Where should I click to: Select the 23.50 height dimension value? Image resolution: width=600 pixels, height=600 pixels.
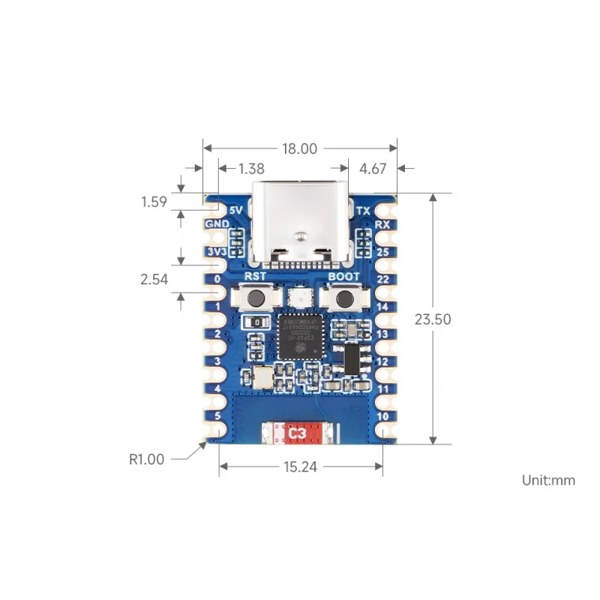(x=432, y=319)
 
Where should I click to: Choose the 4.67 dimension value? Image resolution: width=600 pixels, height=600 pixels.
(x=373, y=169)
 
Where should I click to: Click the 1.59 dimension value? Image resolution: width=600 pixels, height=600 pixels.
(x=153, y=202)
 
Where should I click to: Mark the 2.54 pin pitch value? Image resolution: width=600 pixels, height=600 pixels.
(x=153, y=280)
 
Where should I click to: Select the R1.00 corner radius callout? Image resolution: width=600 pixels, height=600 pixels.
(x=146, y=459)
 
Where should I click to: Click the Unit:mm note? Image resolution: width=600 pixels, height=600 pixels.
(x=549, y=480)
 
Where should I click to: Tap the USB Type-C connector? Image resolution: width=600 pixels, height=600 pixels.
(x=300, y=225)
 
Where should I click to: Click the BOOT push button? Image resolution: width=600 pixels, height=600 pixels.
(x=344, y=299)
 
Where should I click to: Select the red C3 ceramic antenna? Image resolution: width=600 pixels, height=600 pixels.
(x=298, y=433)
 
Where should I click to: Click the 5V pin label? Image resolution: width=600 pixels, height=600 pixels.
(x=235, y=211)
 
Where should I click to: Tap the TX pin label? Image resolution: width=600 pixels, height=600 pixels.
(x=364, y=211)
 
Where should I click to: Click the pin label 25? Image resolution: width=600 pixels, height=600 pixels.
(x=382, y=252)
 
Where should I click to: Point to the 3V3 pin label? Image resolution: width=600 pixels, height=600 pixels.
(x=216, y=252)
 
